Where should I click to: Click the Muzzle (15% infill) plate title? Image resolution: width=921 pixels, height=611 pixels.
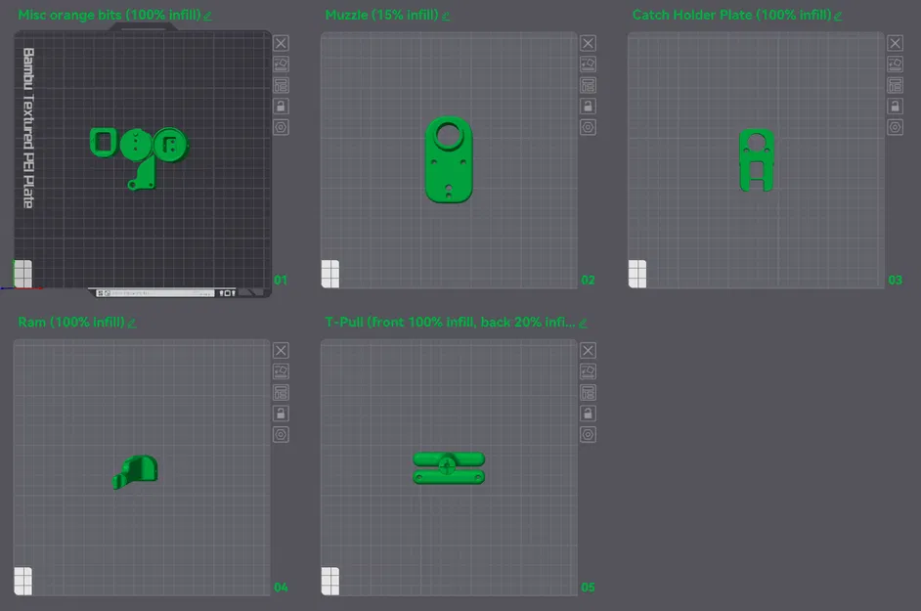pyautogui.click(x=381, y=16)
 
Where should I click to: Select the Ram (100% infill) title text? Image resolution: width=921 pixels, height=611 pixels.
pyautogui.click(x=70, y=323)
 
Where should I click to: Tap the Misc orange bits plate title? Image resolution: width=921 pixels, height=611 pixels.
pyautogui.click(x=109, y=16)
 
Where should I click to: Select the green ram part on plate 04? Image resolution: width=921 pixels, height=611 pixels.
pyautogui.click(x=138, y=471)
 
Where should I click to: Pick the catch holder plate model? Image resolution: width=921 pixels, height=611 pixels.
pyautogui.click(x=757, y=158)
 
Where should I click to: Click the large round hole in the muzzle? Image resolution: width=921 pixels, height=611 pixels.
pyautogui.click(x=450, y=134)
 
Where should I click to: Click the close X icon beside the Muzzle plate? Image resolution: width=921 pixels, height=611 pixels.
pyautogui.click(x=588, y=43)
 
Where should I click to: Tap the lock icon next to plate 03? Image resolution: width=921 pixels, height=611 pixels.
pyautogui.click(x=895, y=106)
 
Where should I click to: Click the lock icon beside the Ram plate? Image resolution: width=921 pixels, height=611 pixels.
pyautogui.click(x=281, y=414)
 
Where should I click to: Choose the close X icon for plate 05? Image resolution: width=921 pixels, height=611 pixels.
pyautogui.click(x=588, y=350)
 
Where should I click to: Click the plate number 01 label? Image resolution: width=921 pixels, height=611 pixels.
pyautogui.click(x=281, y=281)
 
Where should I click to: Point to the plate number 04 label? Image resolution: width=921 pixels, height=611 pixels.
pyautogui.click(x=281, y=588)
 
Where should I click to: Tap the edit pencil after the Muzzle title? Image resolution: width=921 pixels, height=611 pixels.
pyautogui.click(x=446, y=16)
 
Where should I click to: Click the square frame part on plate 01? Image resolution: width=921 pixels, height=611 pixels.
pyautogui.click(x=102, y=142)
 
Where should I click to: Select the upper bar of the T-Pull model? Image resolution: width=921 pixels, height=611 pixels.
pyautogui.click(x=449, y=458)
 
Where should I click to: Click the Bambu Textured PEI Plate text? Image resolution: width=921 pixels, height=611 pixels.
pyautogui.click(x=28, y=127)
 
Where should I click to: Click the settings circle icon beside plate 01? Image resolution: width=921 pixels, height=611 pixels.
pyautogui.click(x=281, y=127)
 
